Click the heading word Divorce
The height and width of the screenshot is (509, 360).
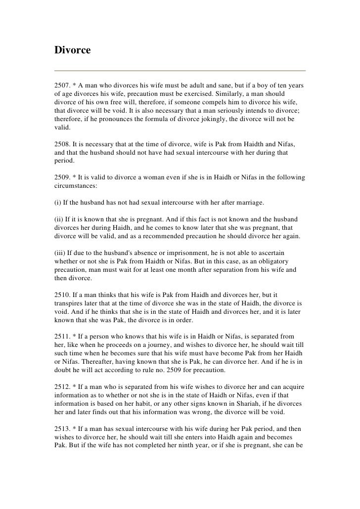tap(72, 50)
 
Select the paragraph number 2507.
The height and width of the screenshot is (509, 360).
tap(62, 86)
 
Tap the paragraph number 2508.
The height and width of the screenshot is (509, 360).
tap(62, 143)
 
